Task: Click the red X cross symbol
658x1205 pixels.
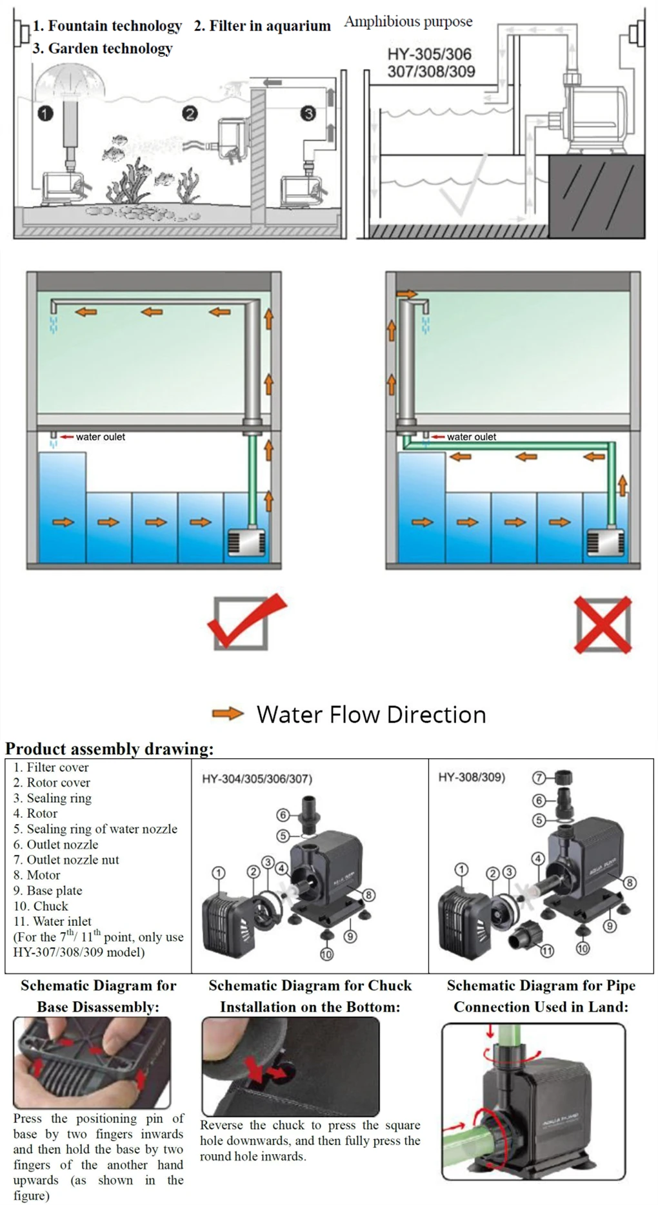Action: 603,625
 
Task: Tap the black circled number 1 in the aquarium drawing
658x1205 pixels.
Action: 45,114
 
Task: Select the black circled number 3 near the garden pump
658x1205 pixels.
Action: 308,114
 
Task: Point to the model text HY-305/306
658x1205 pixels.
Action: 429,54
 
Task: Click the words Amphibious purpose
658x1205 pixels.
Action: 408,22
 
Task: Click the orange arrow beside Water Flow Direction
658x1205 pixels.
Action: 228,714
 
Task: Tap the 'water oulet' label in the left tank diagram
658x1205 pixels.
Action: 100,436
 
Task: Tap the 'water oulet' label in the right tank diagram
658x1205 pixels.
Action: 471,436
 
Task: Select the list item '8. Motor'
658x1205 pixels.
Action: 37,875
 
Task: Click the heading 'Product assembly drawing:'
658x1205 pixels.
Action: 109,749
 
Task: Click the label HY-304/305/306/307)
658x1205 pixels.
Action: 257,778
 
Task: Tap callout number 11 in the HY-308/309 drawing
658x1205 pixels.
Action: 547,950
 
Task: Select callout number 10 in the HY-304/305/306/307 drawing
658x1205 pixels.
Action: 326,954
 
